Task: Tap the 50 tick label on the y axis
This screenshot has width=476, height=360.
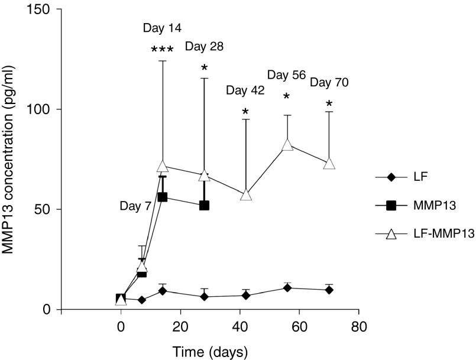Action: pyautogui.click(x=42, y=209)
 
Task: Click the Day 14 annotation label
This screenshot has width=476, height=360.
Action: pyautogui.click(x=162, y=28)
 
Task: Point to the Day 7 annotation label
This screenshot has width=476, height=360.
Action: pyautogui.click(x=137, y=206)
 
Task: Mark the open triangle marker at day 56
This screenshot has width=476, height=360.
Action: pyautogui.click(x=287, y=144)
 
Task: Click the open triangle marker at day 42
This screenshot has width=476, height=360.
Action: pyautogui.click(x=246, y=194)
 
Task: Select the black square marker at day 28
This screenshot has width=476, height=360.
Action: pyautogui.click(x=205, y=205)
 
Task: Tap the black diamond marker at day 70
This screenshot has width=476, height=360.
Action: pyautogui.click(x=329, y=290)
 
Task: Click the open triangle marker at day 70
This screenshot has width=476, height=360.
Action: pyautogui.click(x=329, y=164)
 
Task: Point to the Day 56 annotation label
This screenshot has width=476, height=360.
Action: pyautogui.click(x=286, y=74)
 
